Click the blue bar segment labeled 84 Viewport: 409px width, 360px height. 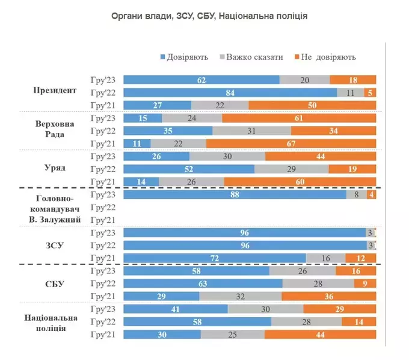pyautogui.click(x=230, y=92)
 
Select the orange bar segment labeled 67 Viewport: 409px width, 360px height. pyautogui.click(x=291, y=144)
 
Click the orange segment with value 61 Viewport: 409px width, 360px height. pyautogui.click(x=299, y=118)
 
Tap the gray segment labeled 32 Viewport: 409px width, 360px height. pyautogui.click(x=240, y=296)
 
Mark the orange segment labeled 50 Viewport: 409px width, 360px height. pyautogui.click(x=312, y=105)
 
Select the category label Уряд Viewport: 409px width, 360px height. pyautogui.click(x=55, y=168)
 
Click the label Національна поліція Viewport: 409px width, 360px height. pyautogui.click(x=55, y=322)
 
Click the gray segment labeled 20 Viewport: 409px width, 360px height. pyautogui.click(x=305, y=79)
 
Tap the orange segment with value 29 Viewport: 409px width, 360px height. pyautogui.click(x=340, y=309)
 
